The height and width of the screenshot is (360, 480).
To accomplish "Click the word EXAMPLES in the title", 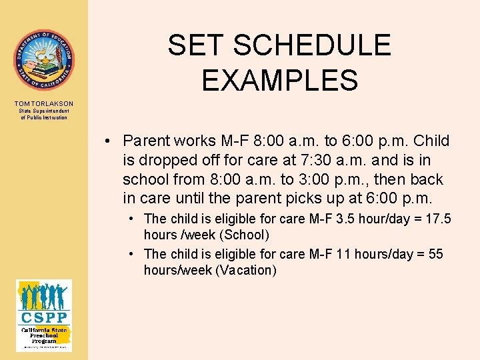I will click(280, 81).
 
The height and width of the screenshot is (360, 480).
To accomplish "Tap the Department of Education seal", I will click(44, 60).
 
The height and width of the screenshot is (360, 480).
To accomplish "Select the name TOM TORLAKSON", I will click(44, 103).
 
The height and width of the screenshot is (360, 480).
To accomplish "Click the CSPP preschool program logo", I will click(44, 315).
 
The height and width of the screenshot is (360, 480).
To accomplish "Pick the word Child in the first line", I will click(431, 141).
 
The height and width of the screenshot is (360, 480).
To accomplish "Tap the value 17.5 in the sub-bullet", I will click(438, 219).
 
